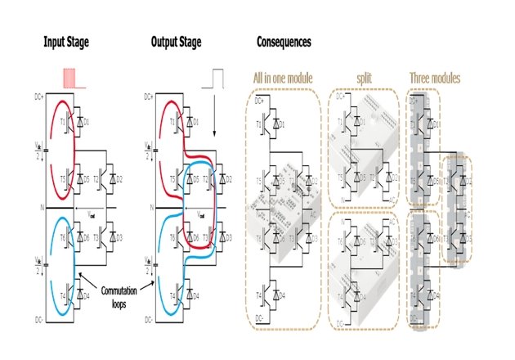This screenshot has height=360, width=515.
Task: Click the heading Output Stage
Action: [176, 40]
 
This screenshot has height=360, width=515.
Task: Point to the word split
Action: [365, 79]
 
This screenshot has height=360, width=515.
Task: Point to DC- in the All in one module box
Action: [259, 317]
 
